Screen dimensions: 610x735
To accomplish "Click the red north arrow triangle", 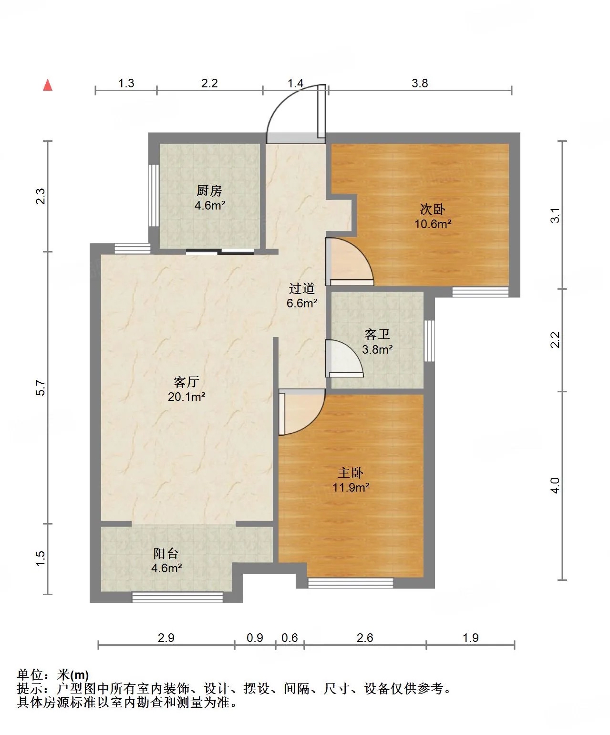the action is click(x=48, y=85).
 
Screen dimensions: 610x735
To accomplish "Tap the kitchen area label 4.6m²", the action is click(x=210, y=205).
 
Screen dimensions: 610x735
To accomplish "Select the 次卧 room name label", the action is click(x=433, y=210).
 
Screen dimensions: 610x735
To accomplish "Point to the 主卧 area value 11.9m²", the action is click(x=351, y=488).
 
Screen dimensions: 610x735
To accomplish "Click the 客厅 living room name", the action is click(x=186, y=382).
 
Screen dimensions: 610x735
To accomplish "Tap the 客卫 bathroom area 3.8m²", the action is click(x=377, y=349).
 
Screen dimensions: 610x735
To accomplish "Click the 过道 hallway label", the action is click(x=302, y=288).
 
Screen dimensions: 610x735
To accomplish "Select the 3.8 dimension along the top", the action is click(x=420, y=83).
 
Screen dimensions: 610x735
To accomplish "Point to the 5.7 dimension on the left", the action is click(x=41, y=388).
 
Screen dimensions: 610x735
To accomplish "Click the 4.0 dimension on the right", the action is click(x=555, y=485).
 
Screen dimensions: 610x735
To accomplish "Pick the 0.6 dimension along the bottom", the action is click(x=289, y=638).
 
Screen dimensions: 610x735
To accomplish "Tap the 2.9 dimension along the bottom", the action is click(x=166, y=638).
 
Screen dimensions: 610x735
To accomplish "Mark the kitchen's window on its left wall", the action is click(x=154, y=195).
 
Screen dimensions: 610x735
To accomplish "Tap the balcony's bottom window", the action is click(x=177, y=598).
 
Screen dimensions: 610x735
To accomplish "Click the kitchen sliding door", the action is click(x=220, y=252).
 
